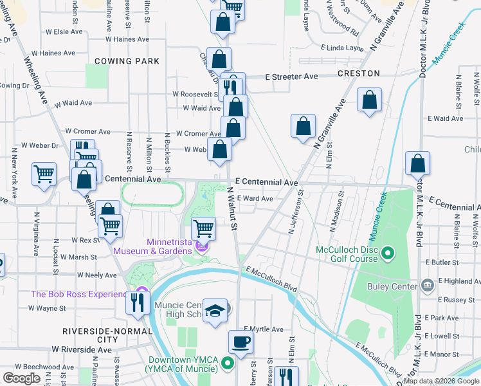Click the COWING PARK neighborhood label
127,61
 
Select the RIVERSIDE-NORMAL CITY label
108,335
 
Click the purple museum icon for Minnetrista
202,246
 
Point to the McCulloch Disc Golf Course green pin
388,253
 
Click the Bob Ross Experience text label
79,295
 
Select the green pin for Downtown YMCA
227,365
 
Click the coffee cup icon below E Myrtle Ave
241,342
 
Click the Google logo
22,378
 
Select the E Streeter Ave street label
292,77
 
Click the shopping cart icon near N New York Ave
44,173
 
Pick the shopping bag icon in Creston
369,100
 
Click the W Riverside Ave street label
82,349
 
